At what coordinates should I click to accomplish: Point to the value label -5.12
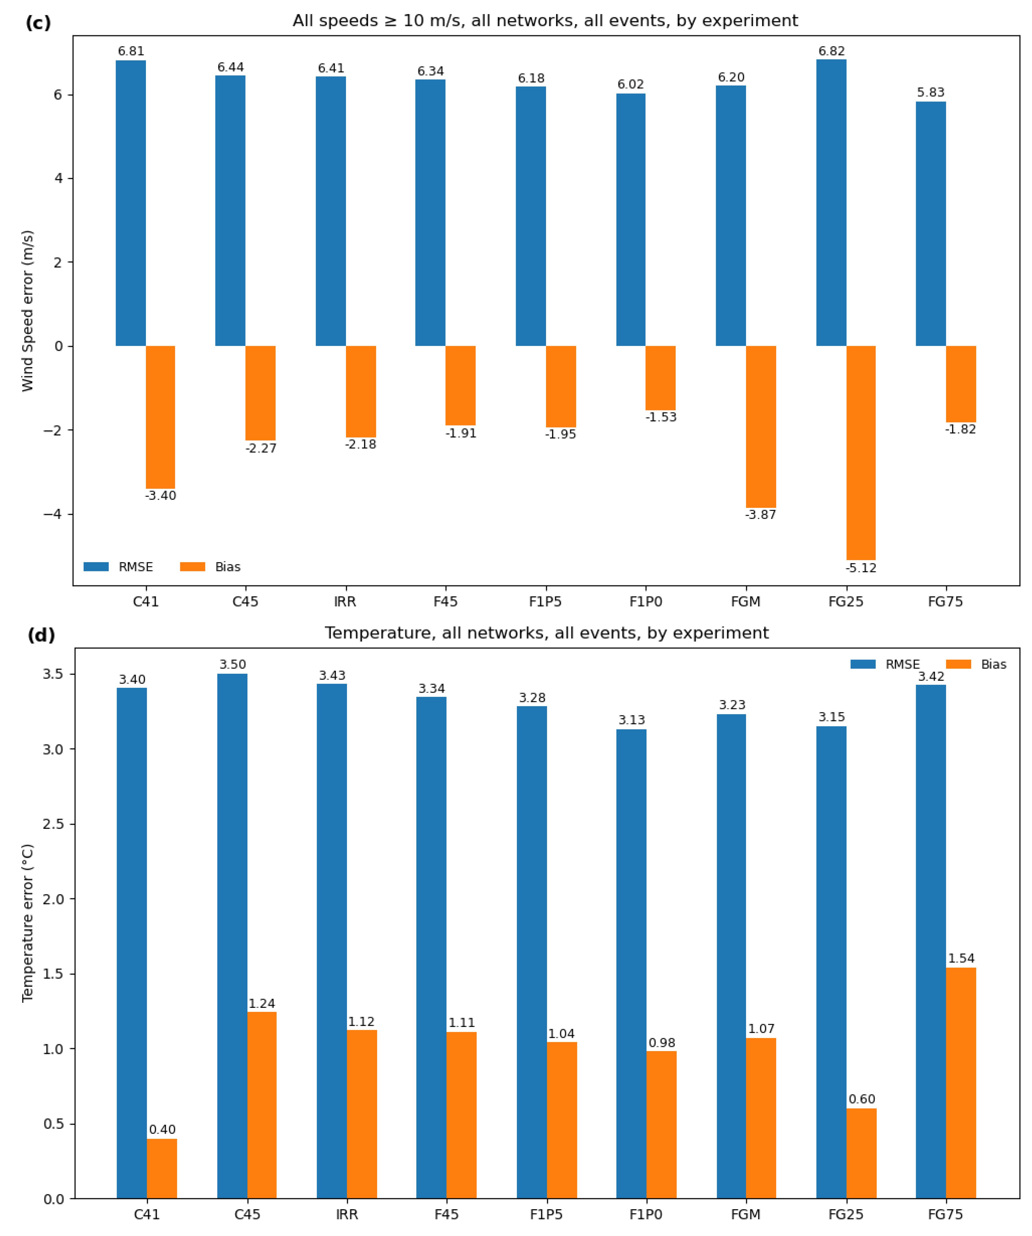point(861,568)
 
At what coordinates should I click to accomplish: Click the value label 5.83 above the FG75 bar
point(930,92)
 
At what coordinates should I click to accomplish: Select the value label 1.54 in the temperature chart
point(961,958)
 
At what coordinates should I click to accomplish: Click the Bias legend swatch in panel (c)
point(192,567)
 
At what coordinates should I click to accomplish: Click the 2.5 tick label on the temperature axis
point(53,824)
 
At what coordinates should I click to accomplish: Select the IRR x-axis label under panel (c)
point(345,602)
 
